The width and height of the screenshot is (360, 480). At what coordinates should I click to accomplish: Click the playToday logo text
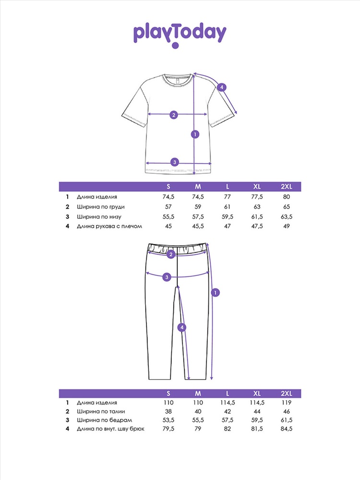pyautogui.click(x=180, y=33)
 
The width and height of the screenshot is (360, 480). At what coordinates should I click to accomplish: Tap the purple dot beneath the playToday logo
pyautogui.click(x=175, y=46)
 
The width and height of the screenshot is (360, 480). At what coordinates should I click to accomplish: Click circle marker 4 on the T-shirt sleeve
pyautogui.click(x=221, y=87)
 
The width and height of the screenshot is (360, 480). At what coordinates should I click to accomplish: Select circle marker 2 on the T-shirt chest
pyautogui.click(x=174, y=114)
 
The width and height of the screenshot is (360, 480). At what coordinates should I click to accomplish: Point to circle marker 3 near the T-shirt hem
pyautogui.click(x=175, y=162)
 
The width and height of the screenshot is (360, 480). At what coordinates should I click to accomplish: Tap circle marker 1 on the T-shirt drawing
pyautogui.click(x=194, y=134)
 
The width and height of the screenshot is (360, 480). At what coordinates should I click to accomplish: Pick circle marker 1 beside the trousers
pyautogui.click(x=216, y=292)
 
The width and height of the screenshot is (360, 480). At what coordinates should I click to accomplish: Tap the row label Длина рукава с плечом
pyautogui.click(x=110, y=226)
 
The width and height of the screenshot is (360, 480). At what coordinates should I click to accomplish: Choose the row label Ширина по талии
pyautogui.click(x=97, y=412)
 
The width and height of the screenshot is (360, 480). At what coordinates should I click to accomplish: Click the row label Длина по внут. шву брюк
pyautogui.click(x=110, y=429)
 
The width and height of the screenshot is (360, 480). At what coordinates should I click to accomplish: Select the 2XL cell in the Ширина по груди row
pyautogui.click(x=286, y=207)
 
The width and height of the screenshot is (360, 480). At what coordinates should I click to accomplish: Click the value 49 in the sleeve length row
pyautogui.click(x=286, y=226)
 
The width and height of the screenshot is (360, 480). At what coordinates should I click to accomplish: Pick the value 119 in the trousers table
pyautogui.click(x=286, y=403)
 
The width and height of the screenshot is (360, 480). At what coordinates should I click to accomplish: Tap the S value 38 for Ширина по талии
pyautogui.click(x=168, y=412)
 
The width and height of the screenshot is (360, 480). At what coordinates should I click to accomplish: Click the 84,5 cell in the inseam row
pyautogui.click(x=286, y=429)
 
